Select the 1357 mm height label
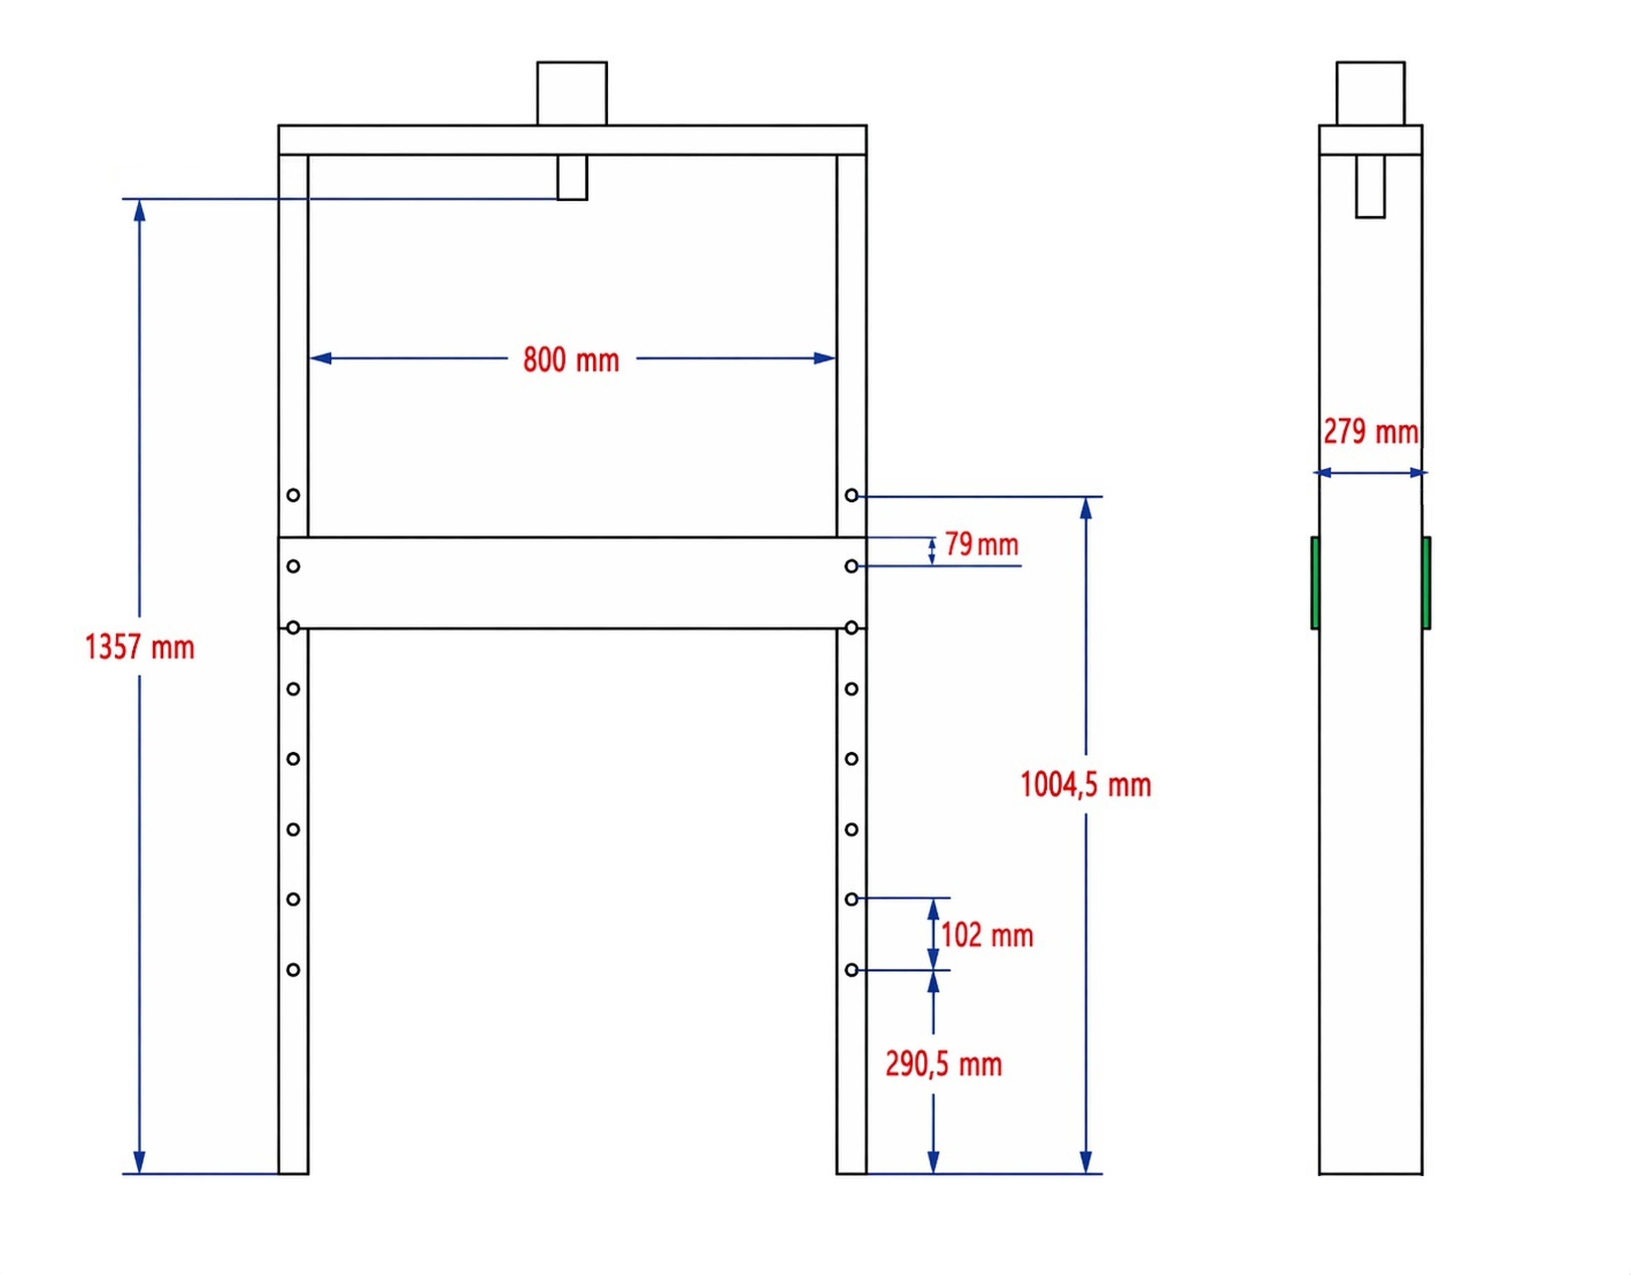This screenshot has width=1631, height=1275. (x=140, y=647)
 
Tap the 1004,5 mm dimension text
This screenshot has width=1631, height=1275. (x=1086, y=785)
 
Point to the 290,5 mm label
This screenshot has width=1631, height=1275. (x=944, y=1064)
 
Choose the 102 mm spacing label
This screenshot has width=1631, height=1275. (x=987, y=935)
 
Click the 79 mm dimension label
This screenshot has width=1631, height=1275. (x=981, y=545)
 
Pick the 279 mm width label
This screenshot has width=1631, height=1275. (x=1371, y=432)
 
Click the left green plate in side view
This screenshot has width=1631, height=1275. (x=1315, y=582)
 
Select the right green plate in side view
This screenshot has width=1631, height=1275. (x=1426, y=582)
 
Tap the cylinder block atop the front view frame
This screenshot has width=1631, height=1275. (x=572, y=93)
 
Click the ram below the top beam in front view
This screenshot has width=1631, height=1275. (x=572, y=177)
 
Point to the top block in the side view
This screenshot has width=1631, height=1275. (x=1370, y=93)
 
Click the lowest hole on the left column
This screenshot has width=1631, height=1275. (x=293, y=970)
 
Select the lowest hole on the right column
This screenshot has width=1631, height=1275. (x=851, y=970)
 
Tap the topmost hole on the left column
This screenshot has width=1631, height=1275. (x=293, y=495)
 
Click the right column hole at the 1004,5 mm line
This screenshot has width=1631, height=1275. (x=851, y=495)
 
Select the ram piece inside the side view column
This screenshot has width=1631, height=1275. (x=1370, y=186)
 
